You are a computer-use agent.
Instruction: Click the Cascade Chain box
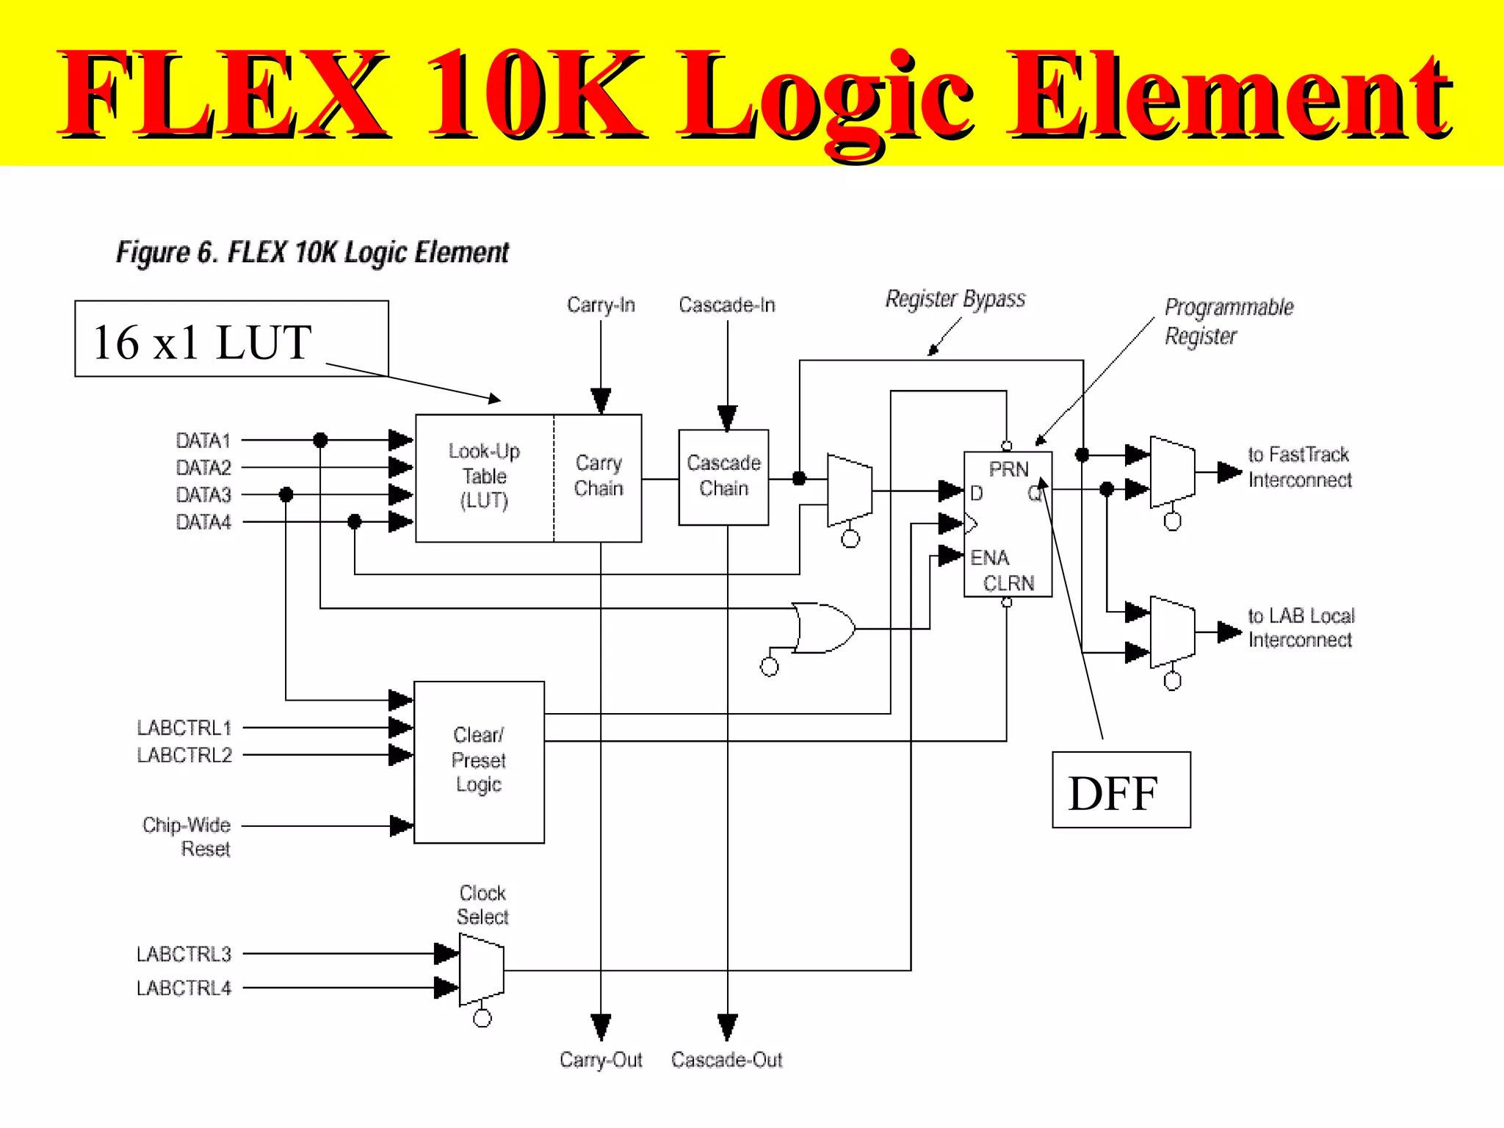click(723, 477)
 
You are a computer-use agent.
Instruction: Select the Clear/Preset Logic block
click(479, 762)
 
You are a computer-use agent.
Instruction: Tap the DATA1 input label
click(203, 441)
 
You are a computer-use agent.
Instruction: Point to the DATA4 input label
click(203, 522)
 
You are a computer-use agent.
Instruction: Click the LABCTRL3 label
click(184, 954)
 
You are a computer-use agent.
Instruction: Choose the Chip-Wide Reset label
click(187, 836)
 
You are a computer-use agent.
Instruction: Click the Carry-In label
click(601, 305)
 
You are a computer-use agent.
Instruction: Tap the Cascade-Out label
click(726, 1060)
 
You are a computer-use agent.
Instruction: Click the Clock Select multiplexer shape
click(481, 970)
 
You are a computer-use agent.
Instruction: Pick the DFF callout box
click(1121, 790)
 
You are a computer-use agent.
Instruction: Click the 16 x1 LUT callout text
click(203, 342)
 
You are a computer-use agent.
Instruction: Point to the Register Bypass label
click(955, 299)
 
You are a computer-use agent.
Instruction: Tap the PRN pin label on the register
click(1008, 469)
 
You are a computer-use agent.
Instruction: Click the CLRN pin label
click(1008, 583)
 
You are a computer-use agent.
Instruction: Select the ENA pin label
click(989, 557)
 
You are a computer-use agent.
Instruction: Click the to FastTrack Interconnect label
click(1299, 467)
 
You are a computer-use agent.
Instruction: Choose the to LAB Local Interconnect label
click(1301, 627)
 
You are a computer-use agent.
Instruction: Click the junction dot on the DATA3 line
click(286, 495)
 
